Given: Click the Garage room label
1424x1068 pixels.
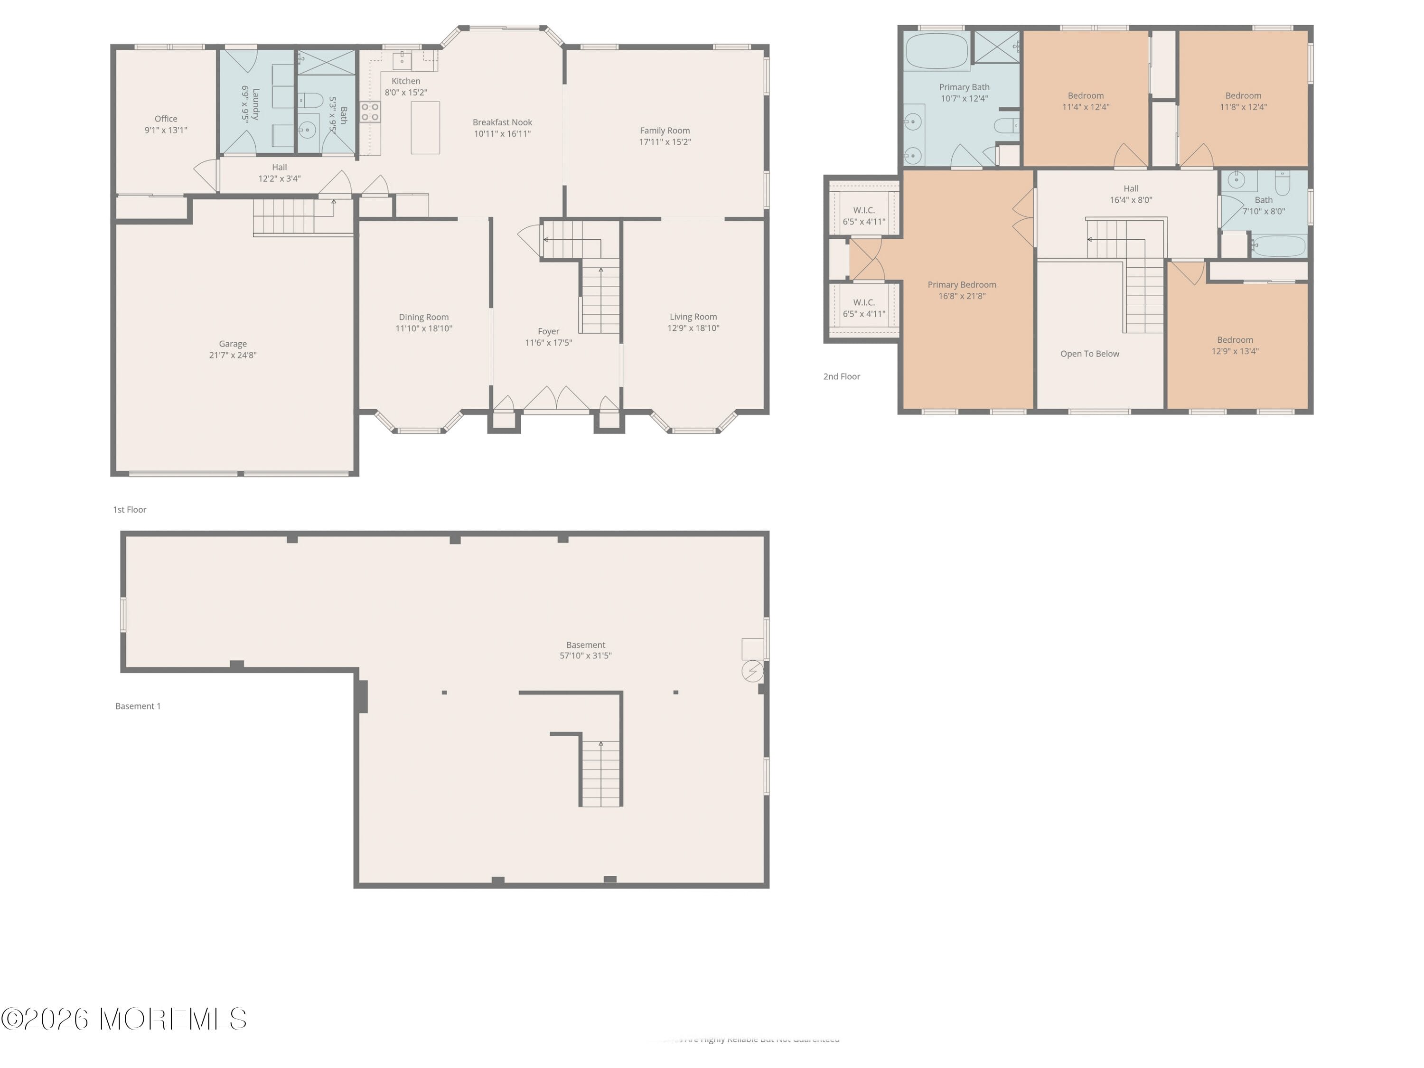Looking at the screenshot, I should (x=233, y=344).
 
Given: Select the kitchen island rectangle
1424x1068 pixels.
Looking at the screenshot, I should (x=425, y=128).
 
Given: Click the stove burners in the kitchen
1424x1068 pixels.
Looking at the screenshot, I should (x=369, y=112).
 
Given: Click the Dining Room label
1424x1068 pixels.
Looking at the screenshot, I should (x=423, y=317).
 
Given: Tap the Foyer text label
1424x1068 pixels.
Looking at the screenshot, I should (x=549, y=331).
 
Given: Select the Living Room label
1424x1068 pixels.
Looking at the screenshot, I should (x=693, y=317).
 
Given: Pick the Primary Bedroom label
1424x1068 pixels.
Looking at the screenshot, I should (x=962, y=284).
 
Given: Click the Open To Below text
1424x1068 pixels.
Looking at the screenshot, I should (x=1089, y=354).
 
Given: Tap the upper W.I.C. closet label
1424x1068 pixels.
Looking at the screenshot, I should (x=863, y=210).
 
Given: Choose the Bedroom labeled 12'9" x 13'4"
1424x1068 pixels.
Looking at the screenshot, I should (x=1235, y=346).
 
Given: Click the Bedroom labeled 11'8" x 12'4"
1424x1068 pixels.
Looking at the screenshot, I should (x=1243, y=102).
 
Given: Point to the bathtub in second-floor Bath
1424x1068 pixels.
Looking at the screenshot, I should (x=1278, y=246).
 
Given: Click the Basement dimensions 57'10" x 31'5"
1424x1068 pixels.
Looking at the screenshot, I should (x=585, y=656).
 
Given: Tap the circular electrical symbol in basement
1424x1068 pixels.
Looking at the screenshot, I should (x=752, y=672).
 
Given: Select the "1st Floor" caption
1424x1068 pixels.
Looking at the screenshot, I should (x=130, y=510).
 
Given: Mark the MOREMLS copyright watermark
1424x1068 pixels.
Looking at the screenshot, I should (x=123, y=1019).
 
